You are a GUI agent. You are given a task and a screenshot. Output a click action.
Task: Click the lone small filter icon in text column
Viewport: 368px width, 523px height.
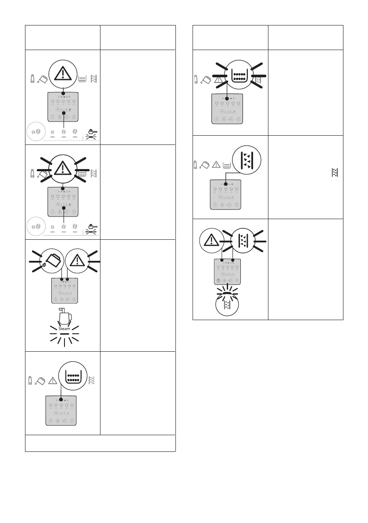point(335,173)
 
